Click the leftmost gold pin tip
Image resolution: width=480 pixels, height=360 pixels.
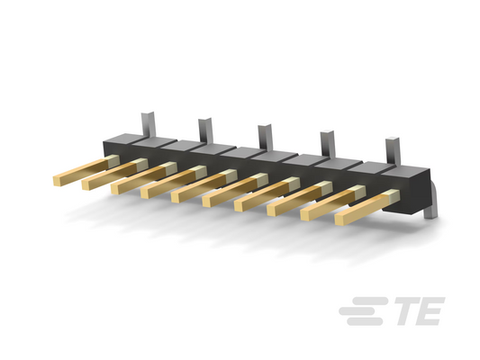[57, 181]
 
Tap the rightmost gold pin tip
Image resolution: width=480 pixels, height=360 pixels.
[340, 220]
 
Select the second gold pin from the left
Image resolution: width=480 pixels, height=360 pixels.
[114, 174]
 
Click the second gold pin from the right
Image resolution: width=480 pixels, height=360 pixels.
[333, 202]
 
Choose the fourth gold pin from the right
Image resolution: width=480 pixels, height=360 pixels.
[267, 193]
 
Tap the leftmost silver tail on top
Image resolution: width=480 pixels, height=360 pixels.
[149, 125]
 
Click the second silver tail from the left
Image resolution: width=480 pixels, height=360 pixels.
[205, 130]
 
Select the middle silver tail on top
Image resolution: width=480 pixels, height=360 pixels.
[265, 137]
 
